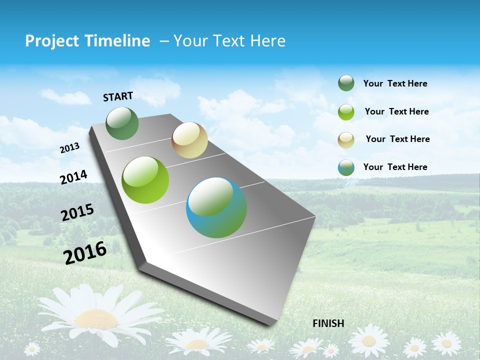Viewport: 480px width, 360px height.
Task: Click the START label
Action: (x=118, y=96)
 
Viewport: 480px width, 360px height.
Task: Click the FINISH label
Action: (x=328, y=323)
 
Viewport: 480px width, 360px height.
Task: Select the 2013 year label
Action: (x=69, y=148)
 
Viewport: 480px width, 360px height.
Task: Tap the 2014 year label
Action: (x=73, y=177)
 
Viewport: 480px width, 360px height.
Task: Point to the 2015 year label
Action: (x=77, y=212)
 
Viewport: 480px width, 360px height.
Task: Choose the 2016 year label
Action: (x=85, y=253)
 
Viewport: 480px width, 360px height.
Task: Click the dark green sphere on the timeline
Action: (x=122, y=123)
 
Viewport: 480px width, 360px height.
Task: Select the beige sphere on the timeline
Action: (x=189, y=140)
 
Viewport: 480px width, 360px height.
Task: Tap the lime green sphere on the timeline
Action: (x=145, y=180)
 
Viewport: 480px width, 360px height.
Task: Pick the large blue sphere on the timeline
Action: (x=216, y=207)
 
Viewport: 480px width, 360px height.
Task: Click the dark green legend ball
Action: (x=346, y=83)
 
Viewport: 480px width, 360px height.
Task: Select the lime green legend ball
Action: (x=346, y=112)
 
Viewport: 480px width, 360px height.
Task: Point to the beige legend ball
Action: (x=346, y=140)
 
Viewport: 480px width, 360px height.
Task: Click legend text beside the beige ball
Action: (x=397, y=139)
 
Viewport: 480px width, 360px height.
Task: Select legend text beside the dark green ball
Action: (x=395, y=83)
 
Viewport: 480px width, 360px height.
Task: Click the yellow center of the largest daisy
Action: (x=96, y=318)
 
